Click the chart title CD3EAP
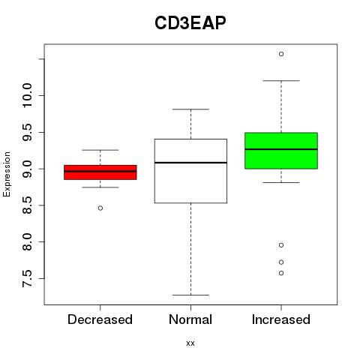point(190,23)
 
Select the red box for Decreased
point(100,172)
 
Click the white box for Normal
point(190,171)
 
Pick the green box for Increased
point(281,151)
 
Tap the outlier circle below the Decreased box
point(100,208)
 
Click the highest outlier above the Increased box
point(281,54)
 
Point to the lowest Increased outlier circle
point(281,273)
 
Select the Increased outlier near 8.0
point(281,245)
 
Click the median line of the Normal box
point(190,163)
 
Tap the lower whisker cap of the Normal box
point(190,295)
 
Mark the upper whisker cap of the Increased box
point(281,81)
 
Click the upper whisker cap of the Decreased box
point(100,150)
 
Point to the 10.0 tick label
point(27,95)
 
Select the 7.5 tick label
point(27,278)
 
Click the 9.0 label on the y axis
point(27,169)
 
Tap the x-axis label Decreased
point(100,319)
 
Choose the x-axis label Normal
point(190,319)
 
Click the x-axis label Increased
point(281,319)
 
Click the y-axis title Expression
point(7,174)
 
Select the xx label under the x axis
point(190,343)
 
